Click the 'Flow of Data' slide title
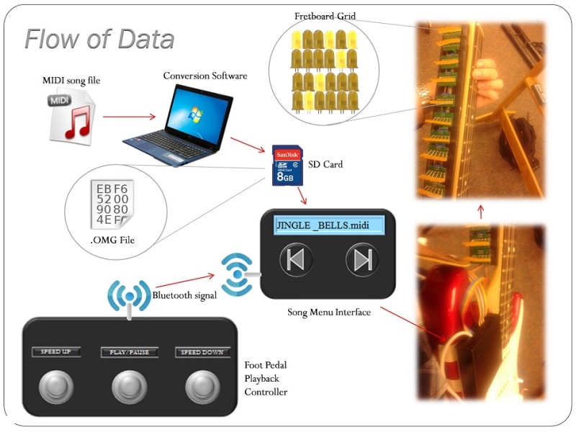[x=100, y=39]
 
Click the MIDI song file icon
[x=71, y=116]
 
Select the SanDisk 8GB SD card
[x=287, y=166]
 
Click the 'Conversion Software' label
[x=205, y=76]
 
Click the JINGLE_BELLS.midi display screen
[x=327, y=225]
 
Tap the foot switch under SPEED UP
[x=55, y=387]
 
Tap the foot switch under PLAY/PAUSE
[x=129, y=387]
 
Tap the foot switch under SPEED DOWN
[x=202, y=387]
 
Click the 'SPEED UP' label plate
[x=55, y=352]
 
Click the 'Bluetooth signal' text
[x=185, y=295]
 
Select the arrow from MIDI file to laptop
[x=130, y=116]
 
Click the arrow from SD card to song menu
[x=302, y=196]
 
